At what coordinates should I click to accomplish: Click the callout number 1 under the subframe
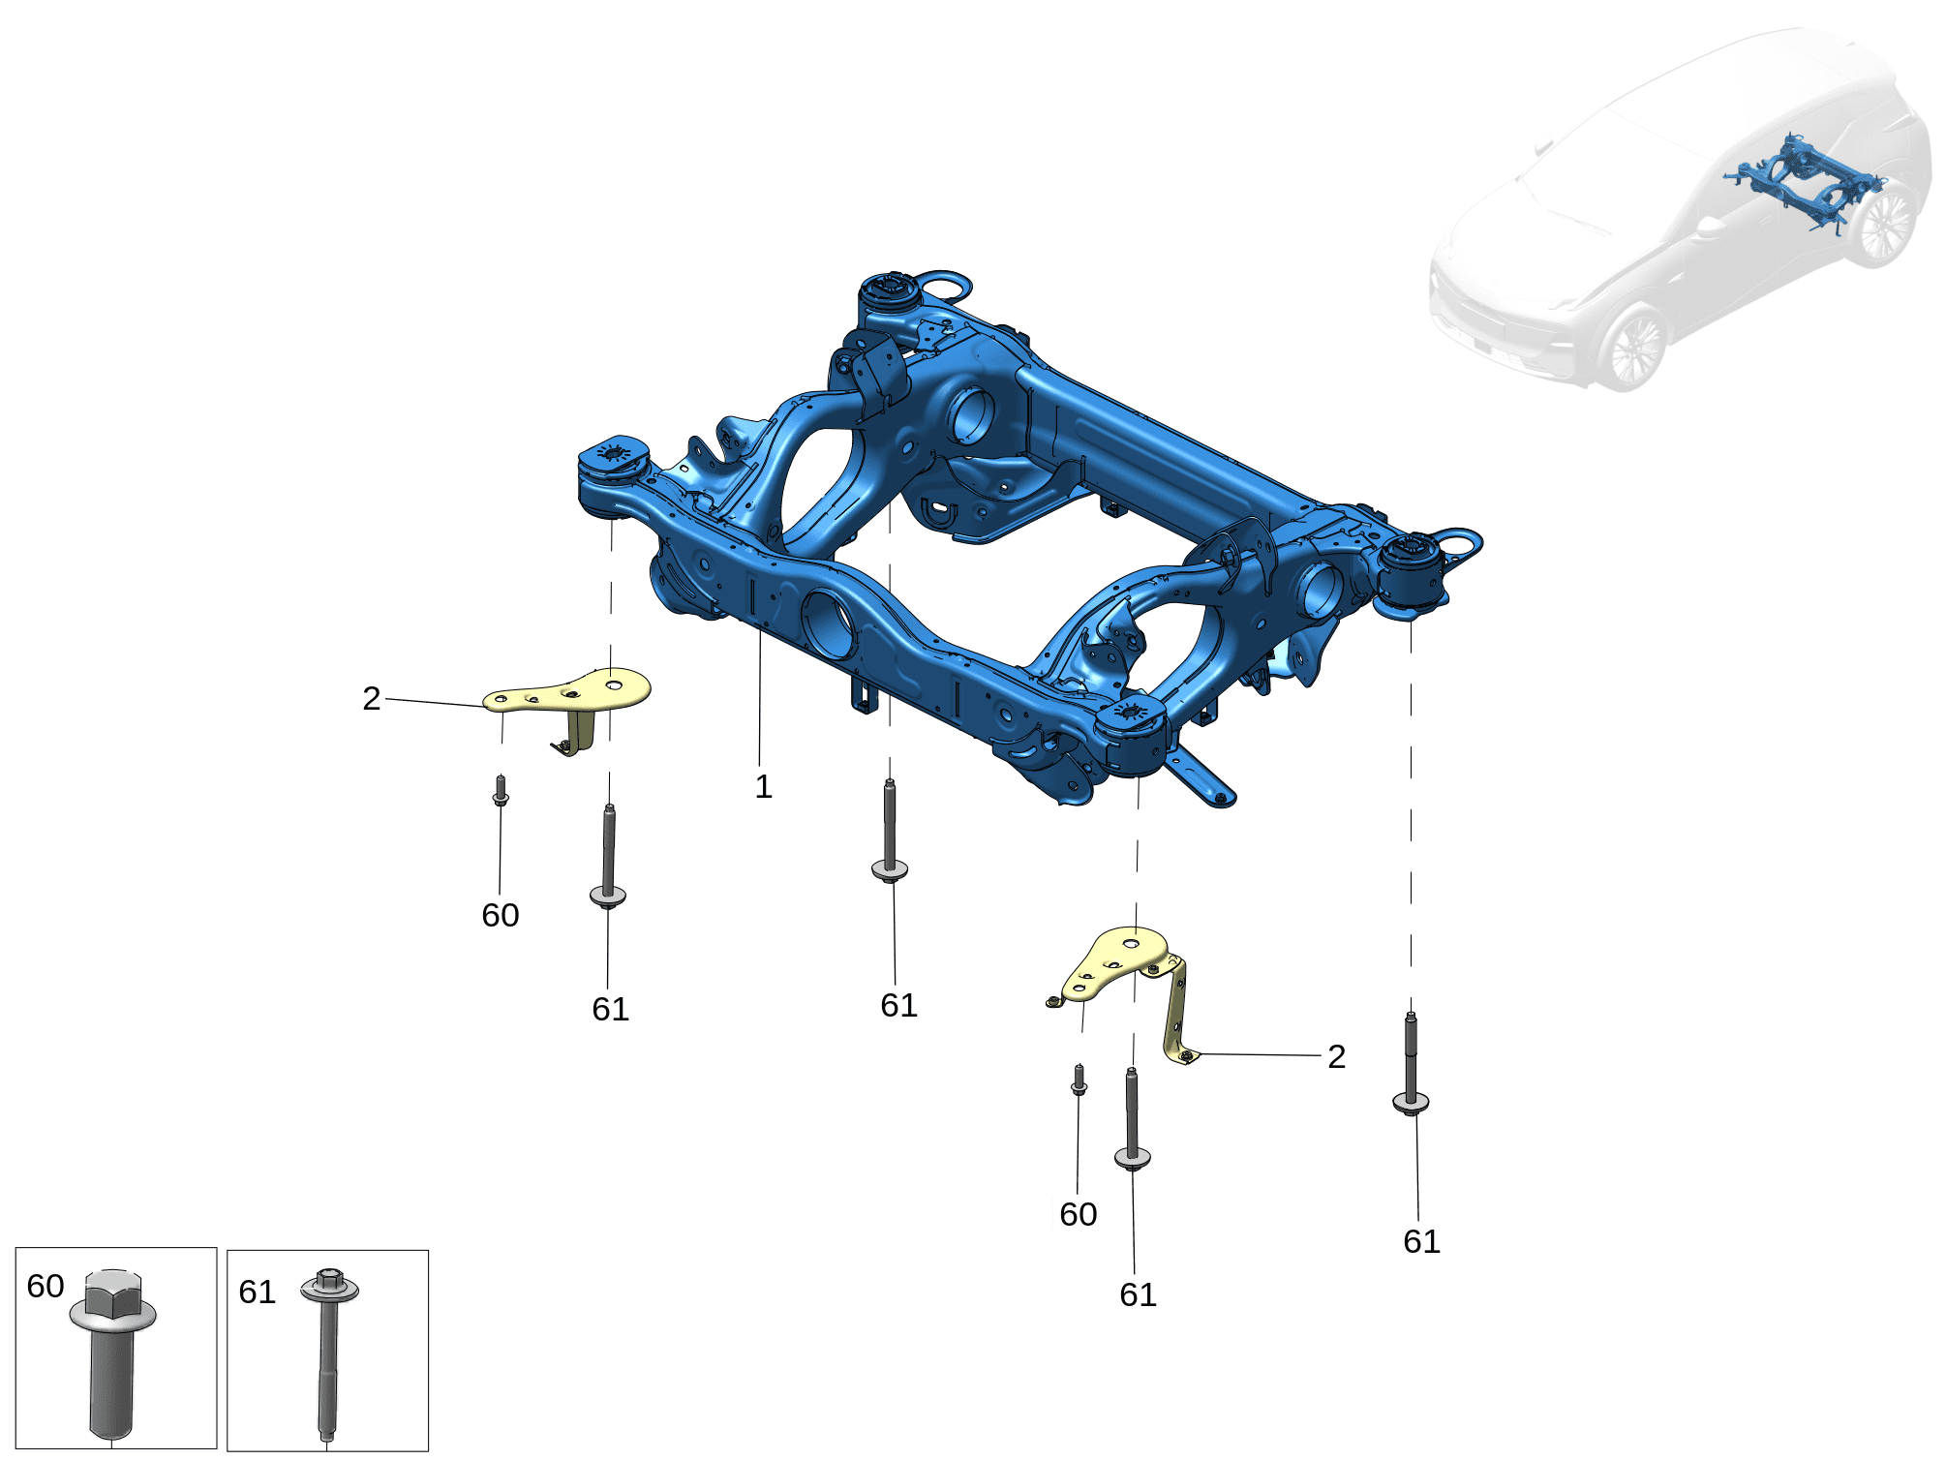(763, 786)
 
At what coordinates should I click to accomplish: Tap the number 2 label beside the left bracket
(372, 698)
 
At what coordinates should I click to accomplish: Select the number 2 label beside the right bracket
(1336, 1056)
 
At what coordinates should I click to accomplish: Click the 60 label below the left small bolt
(501, 915)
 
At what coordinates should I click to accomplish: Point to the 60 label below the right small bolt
(1079, 1214)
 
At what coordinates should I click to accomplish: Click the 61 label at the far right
(1422, 1241)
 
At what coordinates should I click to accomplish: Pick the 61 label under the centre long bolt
(899, 1005)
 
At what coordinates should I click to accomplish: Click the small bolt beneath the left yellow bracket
(501, 790)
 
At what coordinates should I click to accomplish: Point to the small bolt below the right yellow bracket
(1079, 1080)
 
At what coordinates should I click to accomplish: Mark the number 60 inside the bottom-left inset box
(46, 1286)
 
